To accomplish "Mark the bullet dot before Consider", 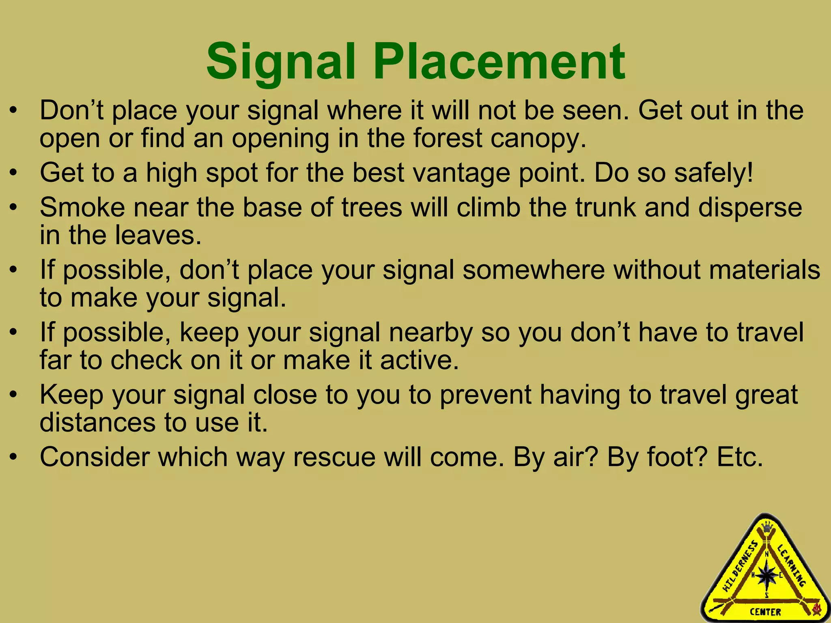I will (x=14, y=458).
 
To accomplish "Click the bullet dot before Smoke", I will (x=14, y=208).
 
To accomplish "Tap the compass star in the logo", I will (x=766, y=575).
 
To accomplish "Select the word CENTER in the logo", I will (x=765, y=612).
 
